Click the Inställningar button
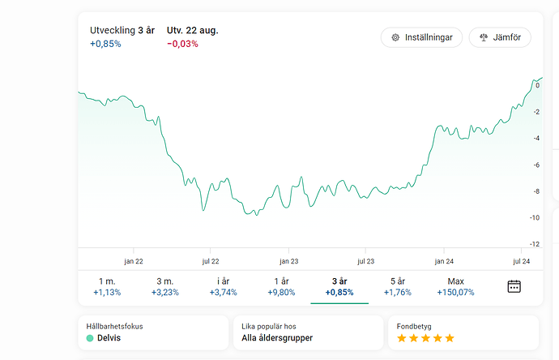421,37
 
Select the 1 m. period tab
107,286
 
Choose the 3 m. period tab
165,286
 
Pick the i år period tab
224,286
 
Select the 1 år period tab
281,286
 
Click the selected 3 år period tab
339,286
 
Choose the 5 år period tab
397,286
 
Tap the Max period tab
454,286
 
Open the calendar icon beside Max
514,286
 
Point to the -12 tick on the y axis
535,244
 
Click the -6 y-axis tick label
536,165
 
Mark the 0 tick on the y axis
538,85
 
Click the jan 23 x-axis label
289,261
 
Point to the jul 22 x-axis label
211,261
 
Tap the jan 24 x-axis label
444,261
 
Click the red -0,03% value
182,44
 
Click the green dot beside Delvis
90,338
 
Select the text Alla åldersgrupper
277,338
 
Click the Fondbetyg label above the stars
413,326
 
